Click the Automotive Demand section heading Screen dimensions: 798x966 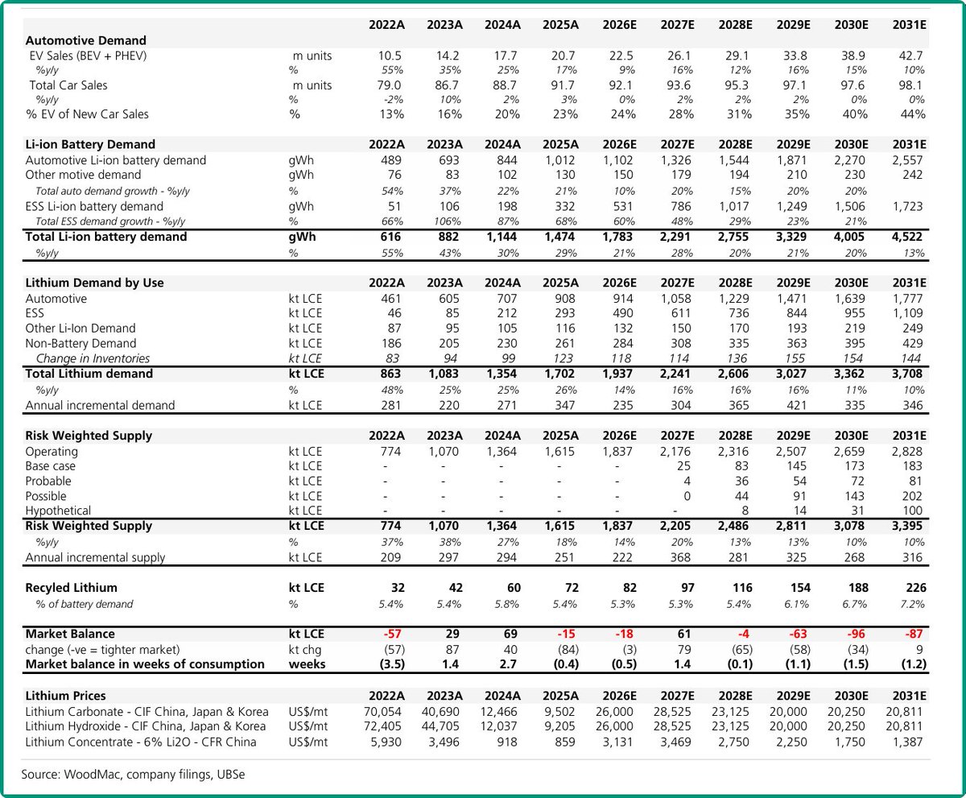click(x=86, y=39)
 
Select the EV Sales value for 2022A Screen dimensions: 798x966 click(x=390, y=56)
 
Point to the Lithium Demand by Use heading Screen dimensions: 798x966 click(x=95, y=283)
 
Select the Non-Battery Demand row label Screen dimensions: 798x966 click(x=81, y=343)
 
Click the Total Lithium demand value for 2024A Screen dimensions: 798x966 click(x=502, y=374)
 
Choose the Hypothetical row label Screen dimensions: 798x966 click(x=58, y=511)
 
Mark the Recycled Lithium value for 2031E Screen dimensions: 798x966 click(x=914, y=588)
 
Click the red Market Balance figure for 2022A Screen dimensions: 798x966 click(x=391, y=634)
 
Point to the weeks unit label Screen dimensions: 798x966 click(x=306, y=664)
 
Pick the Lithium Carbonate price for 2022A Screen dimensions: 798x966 click(x=385, y=711)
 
